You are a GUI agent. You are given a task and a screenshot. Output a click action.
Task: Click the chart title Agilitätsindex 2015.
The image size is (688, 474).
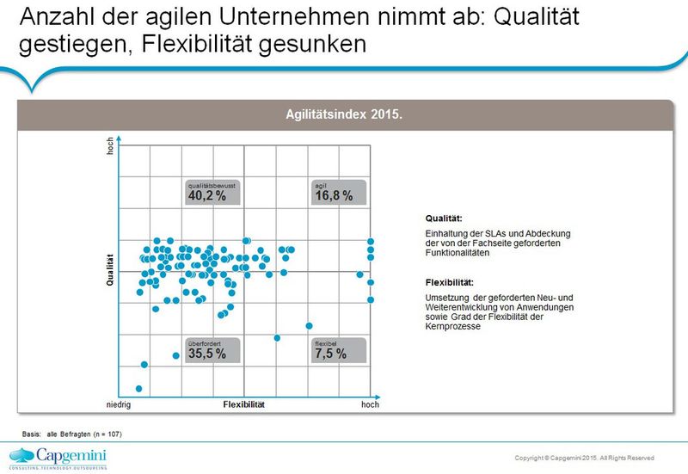pos(344,114)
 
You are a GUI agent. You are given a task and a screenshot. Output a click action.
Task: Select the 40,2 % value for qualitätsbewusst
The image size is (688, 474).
pos(207,196)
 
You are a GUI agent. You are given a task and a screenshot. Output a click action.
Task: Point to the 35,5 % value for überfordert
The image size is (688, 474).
pos(207,354)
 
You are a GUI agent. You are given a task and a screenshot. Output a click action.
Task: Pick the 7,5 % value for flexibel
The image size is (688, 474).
pos(330,354)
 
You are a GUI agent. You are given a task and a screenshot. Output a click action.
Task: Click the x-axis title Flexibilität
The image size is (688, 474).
pos(244,404)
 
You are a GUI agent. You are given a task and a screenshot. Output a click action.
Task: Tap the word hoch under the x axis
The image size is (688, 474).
pos(370,404)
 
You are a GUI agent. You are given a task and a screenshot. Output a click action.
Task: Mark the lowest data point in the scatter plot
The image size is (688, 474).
pos(139,388)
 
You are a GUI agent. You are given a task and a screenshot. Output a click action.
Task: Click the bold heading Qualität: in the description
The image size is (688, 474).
pos(444,219)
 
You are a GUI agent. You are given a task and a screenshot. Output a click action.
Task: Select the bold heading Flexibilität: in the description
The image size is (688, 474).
pos(449,282)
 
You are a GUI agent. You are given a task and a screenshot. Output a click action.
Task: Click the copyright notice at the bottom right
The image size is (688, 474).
pos(584,457)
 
